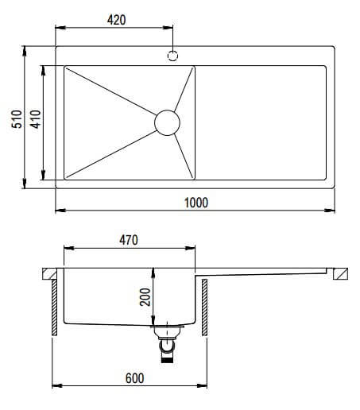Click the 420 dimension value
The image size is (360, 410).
(x=115, y=19)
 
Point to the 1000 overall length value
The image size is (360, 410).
(x=195, y=203)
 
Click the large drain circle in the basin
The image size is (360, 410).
(x=167, y=122)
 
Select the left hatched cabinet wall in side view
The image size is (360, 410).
(x=54, y=306)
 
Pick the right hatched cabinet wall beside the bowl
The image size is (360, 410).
(x=204, y=306)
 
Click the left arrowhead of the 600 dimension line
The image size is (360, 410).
(x=56, y=387)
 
